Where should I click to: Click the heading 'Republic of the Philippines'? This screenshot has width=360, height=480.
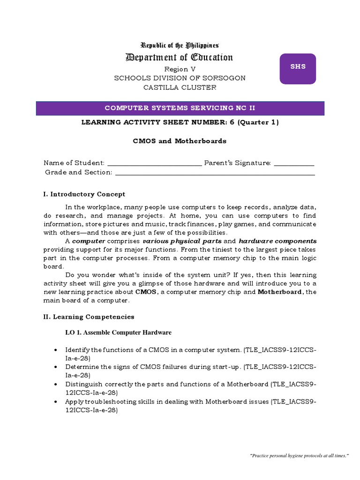tap(180, 45)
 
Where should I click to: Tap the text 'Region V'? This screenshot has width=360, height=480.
tap(180, 69)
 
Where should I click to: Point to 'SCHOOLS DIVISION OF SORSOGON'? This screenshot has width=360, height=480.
tap(180, 78)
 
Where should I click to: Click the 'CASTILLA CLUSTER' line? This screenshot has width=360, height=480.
tap(180, 87)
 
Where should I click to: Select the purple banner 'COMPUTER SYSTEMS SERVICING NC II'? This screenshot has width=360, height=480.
tap(180, 108)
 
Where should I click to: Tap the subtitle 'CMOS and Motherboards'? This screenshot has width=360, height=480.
tap(180, 141)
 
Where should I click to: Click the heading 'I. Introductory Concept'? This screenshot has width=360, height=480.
tap(84, 194)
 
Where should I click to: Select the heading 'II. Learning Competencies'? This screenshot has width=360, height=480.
tap(89, 317)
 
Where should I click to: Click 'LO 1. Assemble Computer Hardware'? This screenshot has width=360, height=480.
tap(118, 332)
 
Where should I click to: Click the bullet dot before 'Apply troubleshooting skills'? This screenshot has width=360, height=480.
tap(56, 402)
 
